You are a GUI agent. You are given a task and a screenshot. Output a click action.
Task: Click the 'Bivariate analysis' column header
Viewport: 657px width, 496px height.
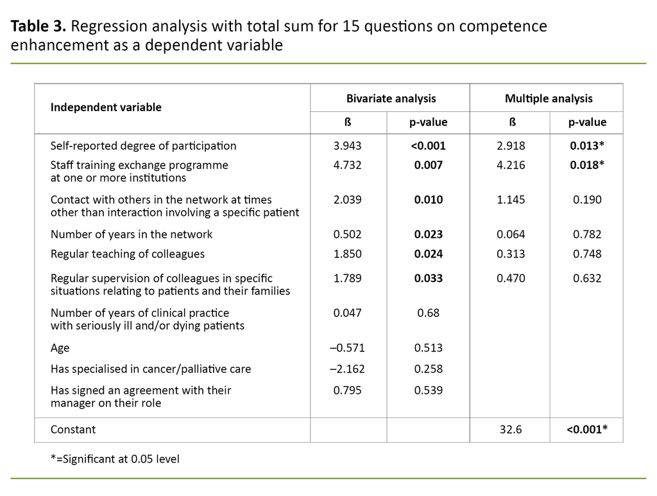click(391, 98)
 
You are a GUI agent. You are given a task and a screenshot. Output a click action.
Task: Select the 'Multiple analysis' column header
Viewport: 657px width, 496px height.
click(549, 98)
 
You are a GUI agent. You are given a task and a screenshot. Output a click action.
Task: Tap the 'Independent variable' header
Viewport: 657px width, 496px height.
click(106, 107)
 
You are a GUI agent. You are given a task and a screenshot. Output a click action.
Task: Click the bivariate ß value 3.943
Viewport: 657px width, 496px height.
click(348, 146)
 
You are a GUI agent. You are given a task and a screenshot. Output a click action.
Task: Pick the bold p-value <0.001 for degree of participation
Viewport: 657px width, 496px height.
click(428, 146)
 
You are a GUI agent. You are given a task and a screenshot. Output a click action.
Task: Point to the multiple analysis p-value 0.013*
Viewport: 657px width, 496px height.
click(586, 146)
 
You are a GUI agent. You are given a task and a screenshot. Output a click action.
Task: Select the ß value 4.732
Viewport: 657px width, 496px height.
click(348, 165)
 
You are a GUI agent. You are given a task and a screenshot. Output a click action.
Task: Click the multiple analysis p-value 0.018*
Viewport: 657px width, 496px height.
click(586, 165)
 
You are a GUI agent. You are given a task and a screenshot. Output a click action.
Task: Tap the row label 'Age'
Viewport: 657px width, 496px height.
click(60, 348)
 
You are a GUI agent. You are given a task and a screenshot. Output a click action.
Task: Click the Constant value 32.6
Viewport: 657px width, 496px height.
click(510, 429)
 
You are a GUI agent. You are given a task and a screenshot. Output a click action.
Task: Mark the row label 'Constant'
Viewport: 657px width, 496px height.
click(73, 429)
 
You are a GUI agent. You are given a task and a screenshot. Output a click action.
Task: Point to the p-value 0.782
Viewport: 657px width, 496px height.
click(586, 235)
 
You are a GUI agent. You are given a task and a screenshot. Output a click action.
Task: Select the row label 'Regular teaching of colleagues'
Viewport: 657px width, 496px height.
click(128, 254)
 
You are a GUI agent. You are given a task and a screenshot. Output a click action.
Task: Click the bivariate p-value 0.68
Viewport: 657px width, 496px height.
click(428, 313)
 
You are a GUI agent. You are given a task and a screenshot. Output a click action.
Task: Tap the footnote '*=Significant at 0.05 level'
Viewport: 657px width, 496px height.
click(115, 459)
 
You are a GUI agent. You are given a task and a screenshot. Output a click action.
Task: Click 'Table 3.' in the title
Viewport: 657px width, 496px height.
click(38, 27)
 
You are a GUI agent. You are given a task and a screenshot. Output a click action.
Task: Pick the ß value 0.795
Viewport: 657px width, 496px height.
click(348, 390)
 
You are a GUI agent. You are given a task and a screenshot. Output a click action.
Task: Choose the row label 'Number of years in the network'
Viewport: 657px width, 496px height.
click(132, 235)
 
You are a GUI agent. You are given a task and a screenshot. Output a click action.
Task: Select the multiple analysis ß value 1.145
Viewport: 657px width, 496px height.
click(510, 200)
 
